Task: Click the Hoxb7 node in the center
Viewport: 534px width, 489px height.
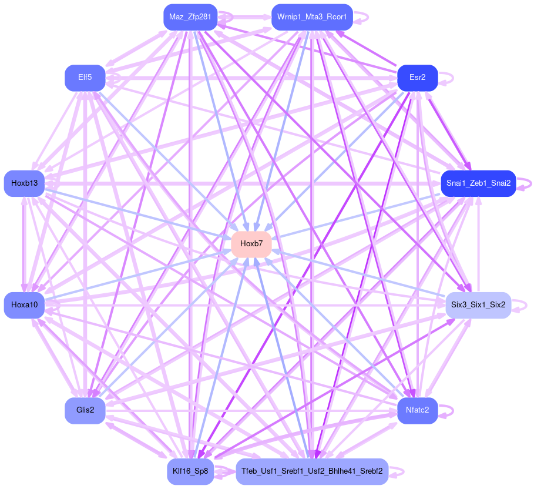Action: point(251,244)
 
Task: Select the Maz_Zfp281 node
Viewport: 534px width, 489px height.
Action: point(190,17)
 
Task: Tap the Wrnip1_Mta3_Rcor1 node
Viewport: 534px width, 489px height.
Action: point(312,17)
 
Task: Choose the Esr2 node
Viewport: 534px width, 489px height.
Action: point(417,78)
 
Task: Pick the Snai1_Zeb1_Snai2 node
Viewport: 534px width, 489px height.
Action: point(478,183)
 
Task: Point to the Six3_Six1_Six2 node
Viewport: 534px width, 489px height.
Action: point(478,305)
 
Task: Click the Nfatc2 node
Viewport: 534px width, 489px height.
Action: point(417,410)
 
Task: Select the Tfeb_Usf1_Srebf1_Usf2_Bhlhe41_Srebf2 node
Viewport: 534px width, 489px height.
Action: point(312,471)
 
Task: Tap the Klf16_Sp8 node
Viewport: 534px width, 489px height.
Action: point(190,471)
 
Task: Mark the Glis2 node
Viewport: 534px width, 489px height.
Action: point(85,410)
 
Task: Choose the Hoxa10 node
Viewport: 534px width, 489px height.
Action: point(24,305)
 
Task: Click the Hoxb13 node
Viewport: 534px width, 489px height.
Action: point(24,183)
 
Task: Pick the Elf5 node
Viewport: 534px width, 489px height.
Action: point(85,78)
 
